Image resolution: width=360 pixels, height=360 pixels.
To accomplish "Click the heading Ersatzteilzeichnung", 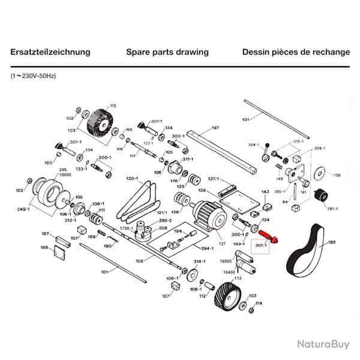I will click(50, 52).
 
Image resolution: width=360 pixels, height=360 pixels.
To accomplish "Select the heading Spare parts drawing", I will click(167, 52).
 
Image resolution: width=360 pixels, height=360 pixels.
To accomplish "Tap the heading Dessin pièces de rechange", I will click(295, 52).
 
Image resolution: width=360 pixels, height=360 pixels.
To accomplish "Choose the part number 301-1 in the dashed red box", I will click(260, 246).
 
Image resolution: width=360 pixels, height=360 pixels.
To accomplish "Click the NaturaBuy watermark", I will click(322, 344).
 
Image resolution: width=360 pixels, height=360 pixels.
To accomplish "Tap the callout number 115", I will click(112, 106).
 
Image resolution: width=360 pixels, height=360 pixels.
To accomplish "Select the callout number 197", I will click(215, 128).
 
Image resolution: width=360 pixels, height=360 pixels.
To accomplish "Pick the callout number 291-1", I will click(332, 208).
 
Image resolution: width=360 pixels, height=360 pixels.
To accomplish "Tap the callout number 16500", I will click(226, 262).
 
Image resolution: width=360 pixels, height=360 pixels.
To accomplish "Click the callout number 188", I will click(44, 247).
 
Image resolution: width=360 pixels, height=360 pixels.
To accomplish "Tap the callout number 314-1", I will click(200, 262).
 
